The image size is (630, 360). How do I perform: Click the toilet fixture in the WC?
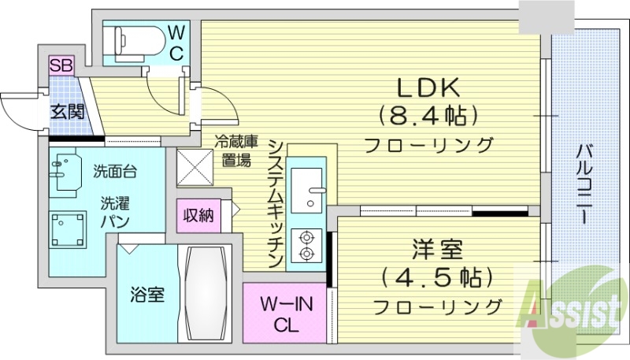pyautogui.click(x=131, y=39)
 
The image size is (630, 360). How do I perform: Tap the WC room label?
pyautogui.click(x=177, y=43)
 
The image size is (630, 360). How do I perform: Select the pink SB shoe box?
pyautogui.click(x=61, y=65)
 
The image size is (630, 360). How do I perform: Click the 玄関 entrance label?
pyautogui.click(x=68, y=111)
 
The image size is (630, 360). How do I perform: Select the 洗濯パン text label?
pyautogui.click(x=115, y=210)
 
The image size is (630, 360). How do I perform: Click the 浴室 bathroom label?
pyautogui.click(x=147, y=295)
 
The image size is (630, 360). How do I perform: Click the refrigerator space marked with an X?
pyautogui.click(x=196, y=166)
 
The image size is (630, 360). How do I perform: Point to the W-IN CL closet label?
pyautogui.click(x=284, y=313)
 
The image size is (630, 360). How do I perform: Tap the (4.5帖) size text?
pyautogui.click(x=437, y=279)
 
